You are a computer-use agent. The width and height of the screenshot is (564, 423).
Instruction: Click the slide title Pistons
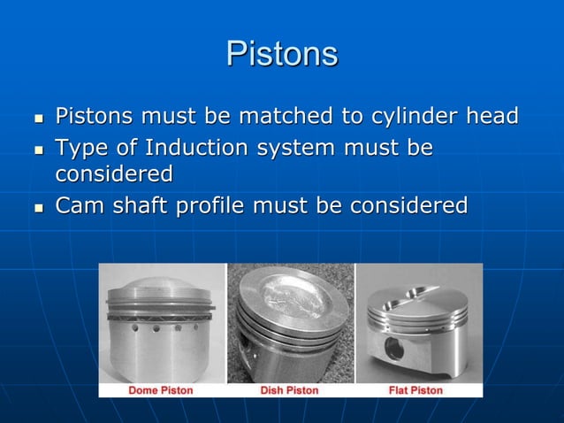pos(282,54)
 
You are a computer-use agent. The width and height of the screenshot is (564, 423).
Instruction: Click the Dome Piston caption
pos(161,389)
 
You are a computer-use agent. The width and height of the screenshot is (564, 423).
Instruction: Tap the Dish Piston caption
pos(289,389)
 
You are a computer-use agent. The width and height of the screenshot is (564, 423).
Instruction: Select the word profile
pos(208,206)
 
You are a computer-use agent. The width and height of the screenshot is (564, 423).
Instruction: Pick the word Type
pos(82,148)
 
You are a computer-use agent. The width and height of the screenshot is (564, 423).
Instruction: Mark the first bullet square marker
pos(37,118)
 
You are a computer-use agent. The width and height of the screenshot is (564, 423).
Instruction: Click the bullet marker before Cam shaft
pos(37,208)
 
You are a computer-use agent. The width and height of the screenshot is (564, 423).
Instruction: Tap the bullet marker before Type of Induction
pos(37,149)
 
